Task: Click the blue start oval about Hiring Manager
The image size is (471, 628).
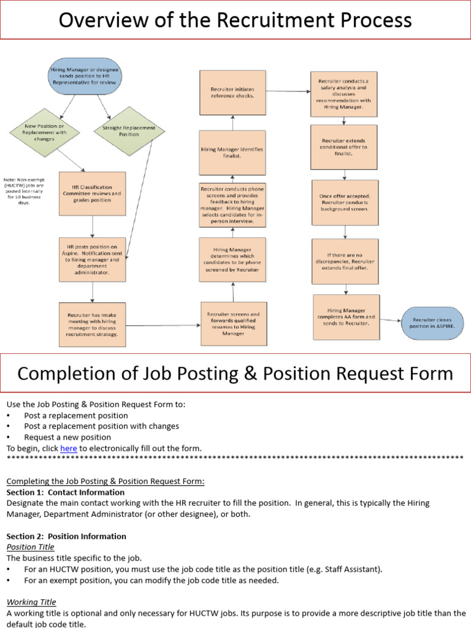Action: click(85, 75)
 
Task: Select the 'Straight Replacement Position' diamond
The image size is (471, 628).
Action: click(124, 131)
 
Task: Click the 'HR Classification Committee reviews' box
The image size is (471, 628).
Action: click(92, 193)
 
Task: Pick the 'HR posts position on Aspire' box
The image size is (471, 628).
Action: click(92, 259)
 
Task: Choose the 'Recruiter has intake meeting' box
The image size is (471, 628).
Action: click(92, 324)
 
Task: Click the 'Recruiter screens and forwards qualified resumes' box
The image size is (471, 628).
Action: click(233, 323)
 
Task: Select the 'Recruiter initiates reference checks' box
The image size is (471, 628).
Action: click(232, 93)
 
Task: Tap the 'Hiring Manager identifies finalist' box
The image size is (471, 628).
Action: click(232, 153)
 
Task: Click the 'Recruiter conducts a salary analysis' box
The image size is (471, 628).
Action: click(343, 94)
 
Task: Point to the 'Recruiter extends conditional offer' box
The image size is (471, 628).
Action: click(343, 147)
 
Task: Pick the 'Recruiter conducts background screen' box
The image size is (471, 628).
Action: click(345, 202)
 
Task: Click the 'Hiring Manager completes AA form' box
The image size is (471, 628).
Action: click(346, 317)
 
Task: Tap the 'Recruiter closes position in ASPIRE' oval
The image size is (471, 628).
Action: click(432, 323)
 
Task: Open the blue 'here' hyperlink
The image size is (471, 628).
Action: click(68, 448)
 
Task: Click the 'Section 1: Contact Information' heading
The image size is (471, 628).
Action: click(66, 492)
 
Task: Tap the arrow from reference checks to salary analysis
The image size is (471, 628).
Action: click(288, 91)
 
